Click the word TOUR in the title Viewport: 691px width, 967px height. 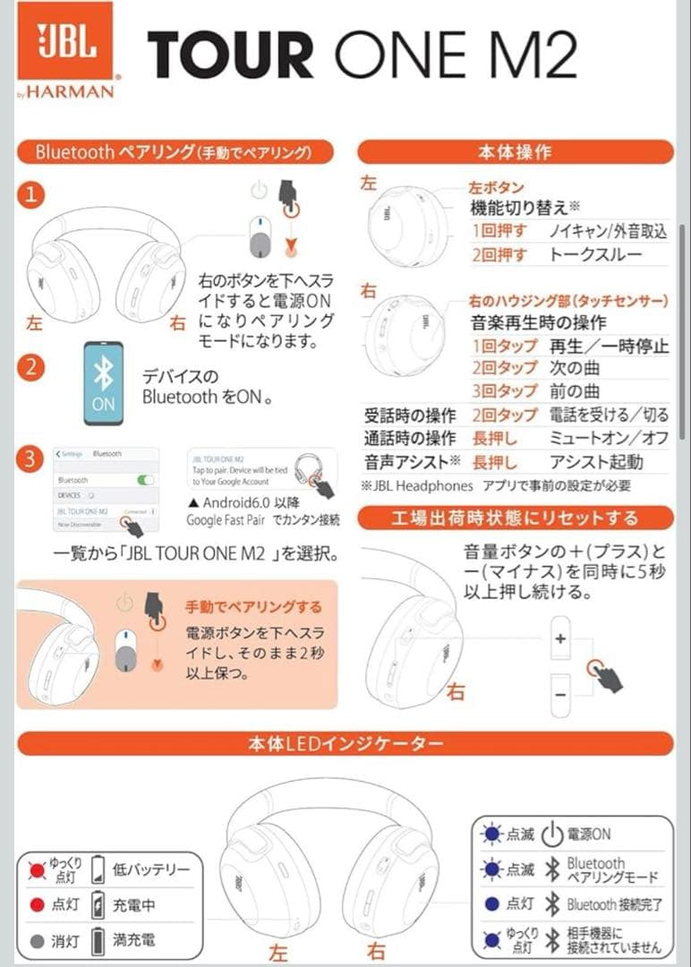tap(230, 55)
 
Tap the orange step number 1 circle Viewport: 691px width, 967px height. tap(31, 195)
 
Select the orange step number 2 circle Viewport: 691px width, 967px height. tap(31, 367)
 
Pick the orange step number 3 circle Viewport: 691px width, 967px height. tap(31, 460)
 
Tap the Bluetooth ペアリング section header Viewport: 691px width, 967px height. tap(174, 151)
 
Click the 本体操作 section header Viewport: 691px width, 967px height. tap(515, 151)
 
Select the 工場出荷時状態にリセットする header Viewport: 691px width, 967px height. tap(515, 518)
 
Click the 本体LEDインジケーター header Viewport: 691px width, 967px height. tap(345, 743)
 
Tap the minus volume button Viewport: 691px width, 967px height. tap(561, 694)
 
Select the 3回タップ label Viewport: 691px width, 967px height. tap(504, 391)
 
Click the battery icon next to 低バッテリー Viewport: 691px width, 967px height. tap(98, 869)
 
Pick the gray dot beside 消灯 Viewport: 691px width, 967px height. tap(37, 941)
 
